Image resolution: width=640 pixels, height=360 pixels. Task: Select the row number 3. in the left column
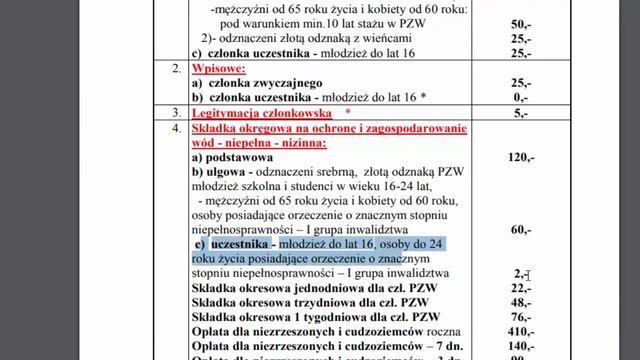tap(176, 114)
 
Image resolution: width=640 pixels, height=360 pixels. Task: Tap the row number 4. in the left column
tap(176, 130)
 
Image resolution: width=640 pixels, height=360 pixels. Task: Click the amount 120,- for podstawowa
tap(521, 158)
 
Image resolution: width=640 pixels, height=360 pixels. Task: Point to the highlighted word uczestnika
tap(241, 244)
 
